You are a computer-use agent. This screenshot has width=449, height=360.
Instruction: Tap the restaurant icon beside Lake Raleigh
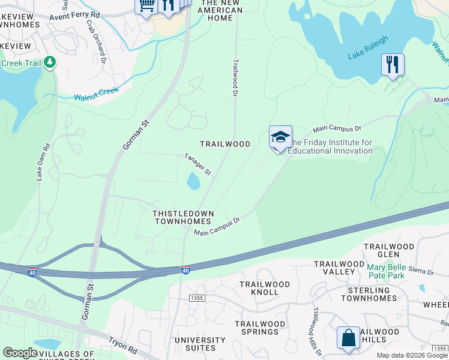(x=393, y=64)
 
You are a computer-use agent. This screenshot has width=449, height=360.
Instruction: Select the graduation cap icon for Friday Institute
(x=280, y=137)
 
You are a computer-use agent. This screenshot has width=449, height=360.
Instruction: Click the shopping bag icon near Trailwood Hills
(x=348, y=338)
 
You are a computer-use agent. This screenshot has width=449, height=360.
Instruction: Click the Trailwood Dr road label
(x=235, y=77)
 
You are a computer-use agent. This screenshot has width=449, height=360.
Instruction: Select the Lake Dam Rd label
(x=42, y=161)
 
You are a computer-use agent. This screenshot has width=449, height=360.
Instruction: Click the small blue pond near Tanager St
(x=193, y=180)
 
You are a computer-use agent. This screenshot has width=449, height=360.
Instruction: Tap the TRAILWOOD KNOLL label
(x=265, y=288)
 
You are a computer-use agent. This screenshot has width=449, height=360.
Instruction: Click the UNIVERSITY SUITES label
(x=195, y=344)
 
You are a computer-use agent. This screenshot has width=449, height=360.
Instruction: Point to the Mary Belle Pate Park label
(x=390, y=267)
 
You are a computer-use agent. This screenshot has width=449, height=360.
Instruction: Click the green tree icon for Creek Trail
(x=50, y=62)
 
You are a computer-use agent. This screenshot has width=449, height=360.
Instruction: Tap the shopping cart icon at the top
(x=146, y=5)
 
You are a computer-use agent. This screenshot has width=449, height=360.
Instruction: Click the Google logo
(x=20, y=353)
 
